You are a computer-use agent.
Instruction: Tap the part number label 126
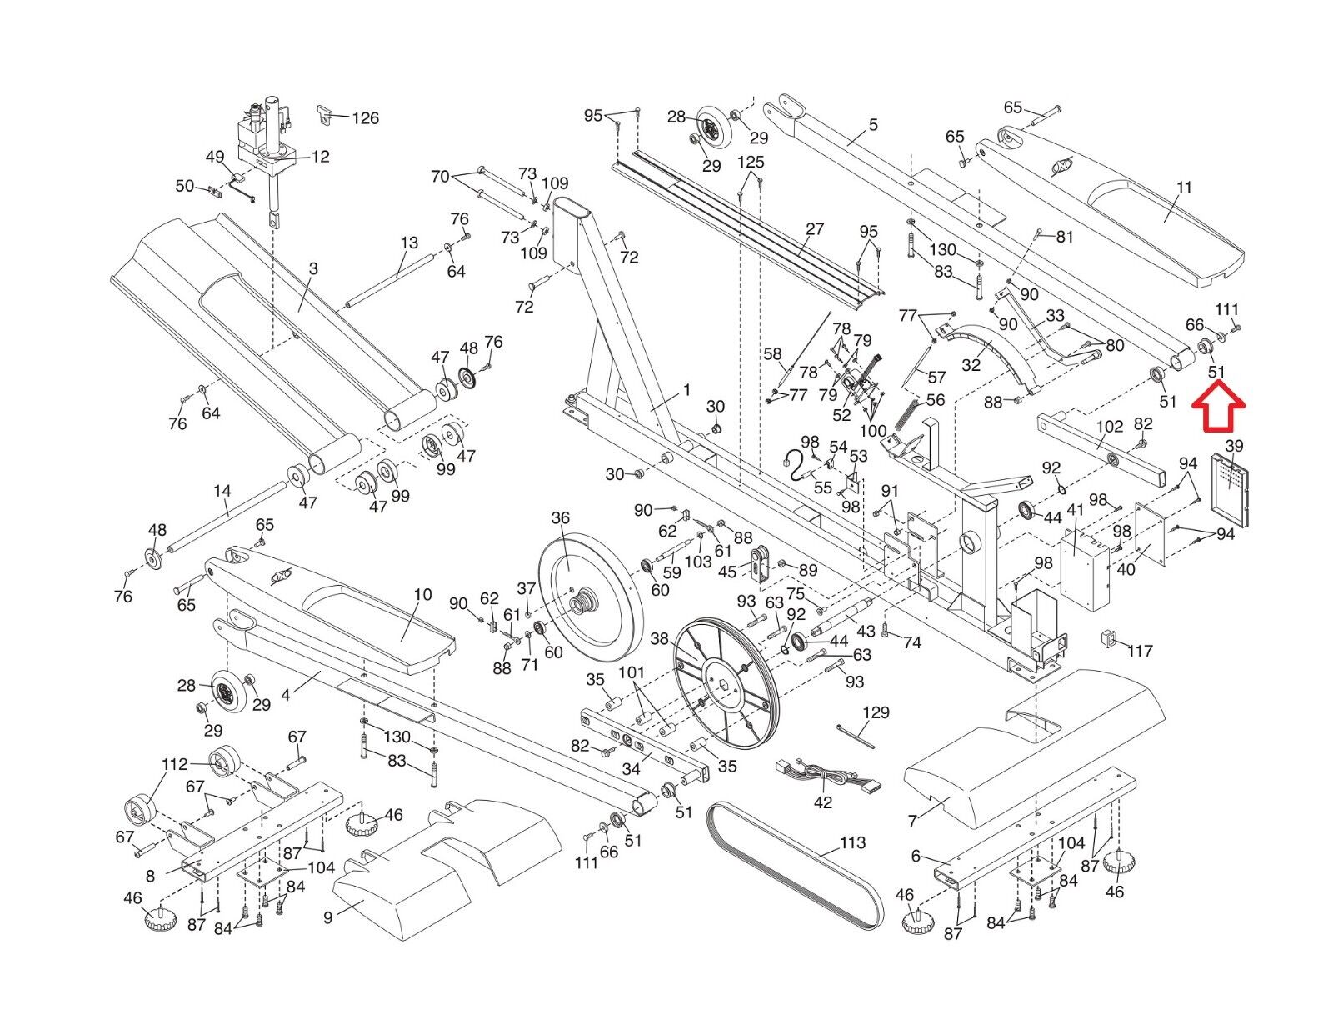(x=365, y=118)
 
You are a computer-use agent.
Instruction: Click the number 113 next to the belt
(x=852, y=843)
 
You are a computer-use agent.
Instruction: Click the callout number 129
(x=876, y=712)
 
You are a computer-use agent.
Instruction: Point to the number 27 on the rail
(x=814, y=228)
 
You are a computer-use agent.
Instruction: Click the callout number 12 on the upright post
(x=320, y=157)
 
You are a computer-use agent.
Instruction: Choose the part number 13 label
(x=408, y=242)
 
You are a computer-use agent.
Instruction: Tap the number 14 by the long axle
(x=222, y=491)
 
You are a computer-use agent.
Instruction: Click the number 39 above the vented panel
(x=1233, y=447)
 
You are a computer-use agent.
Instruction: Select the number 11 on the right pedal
(x=1184, y=187)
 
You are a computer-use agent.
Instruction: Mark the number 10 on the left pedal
(x=422, y=595)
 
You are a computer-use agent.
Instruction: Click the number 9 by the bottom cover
(x=328, y=917)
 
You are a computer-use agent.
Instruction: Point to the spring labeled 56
(x=911, y=414)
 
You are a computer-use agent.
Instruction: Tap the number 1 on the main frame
(x=687, y=389)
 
